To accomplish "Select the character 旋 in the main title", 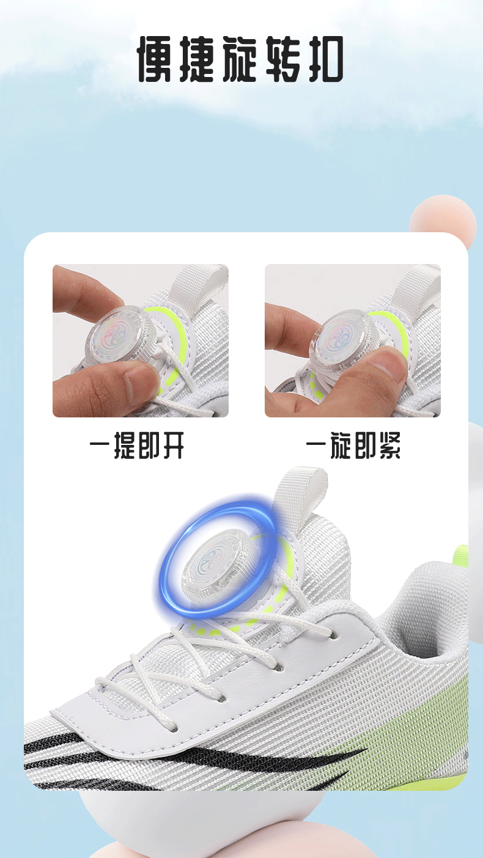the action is pos(240,59).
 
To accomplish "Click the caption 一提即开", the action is pos(137,445).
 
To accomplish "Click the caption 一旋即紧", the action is pos(353,445).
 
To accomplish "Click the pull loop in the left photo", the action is pos(199,282).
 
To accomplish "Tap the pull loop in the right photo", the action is pos(416,284).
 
